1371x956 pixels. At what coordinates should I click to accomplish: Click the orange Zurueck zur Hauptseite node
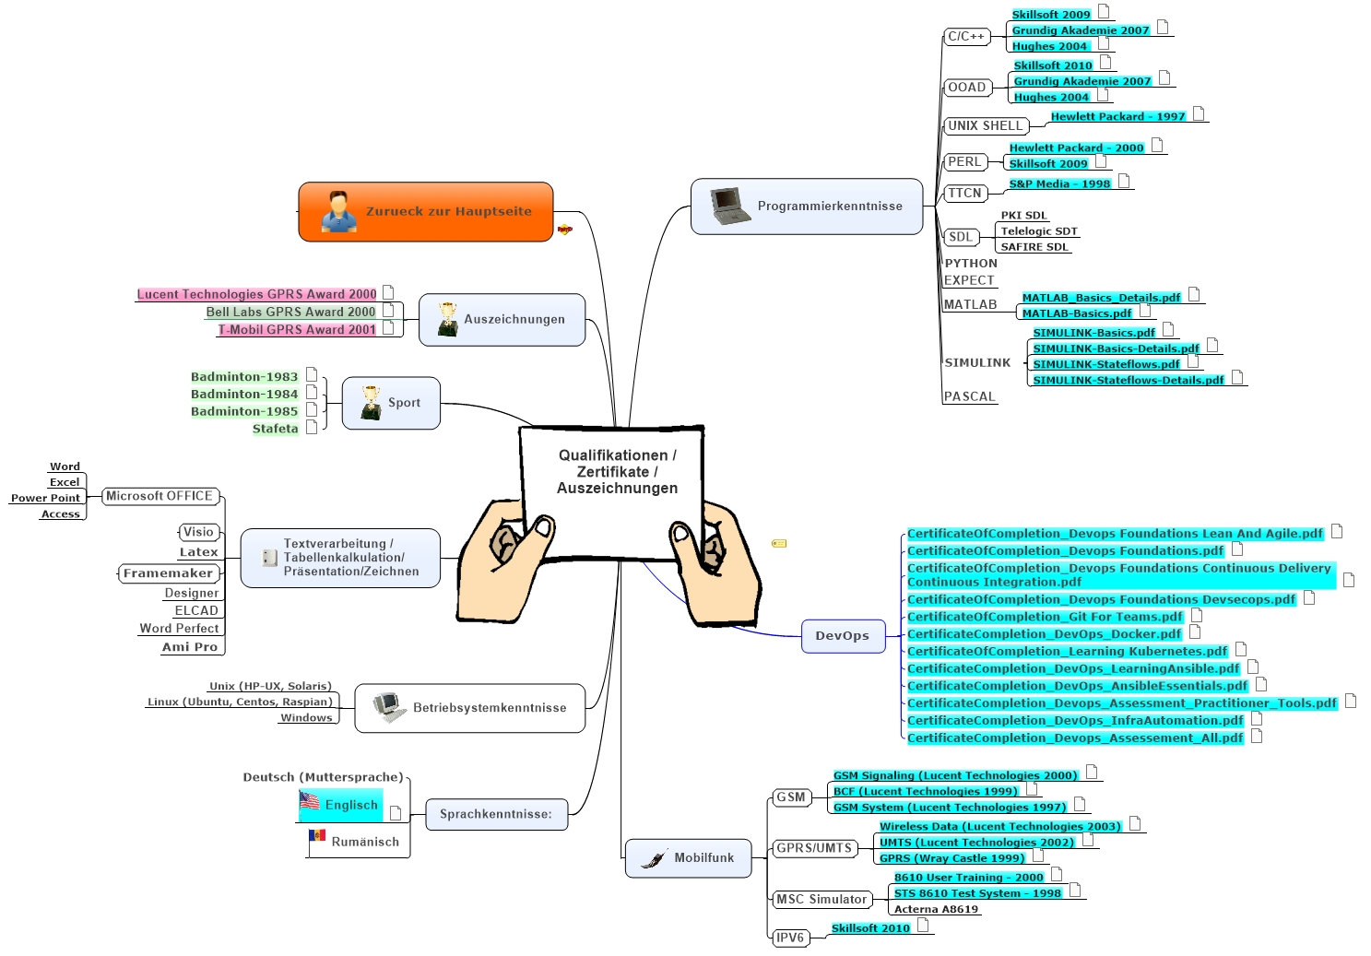[426, 212]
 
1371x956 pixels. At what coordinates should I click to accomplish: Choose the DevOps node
[843, 636]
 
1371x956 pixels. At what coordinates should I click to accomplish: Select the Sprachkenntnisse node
[496, 814]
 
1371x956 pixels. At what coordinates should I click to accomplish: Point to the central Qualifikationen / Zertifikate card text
[617, 472]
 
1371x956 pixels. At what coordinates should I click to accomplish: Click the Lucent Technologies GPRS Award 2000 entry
[257, 295]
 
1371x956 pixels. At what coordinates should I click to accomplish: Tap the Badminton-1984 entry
[244, 395]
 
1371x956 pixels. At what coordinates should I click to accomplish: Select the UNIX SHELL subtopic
[986, 126]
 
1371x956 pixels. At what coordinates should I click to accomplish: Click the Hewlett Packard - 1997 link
[1117, 117]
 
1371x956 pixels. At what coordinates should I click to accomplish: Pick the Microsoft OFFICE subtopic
[160, 497]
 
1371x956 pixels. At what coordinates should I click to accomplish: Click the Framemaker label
[168, 573]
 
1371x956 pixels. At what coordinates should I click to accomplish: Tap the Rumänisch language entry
[365, 842]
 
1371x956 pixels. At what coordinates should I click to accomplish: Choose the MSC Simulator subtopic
[821, 900]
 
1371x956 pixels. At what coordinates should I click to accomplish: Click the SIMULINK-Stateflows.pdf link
[1105, 365]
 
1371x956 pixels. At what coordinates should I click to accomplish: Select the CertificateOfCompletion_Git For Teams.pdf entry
[1044, 618]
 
